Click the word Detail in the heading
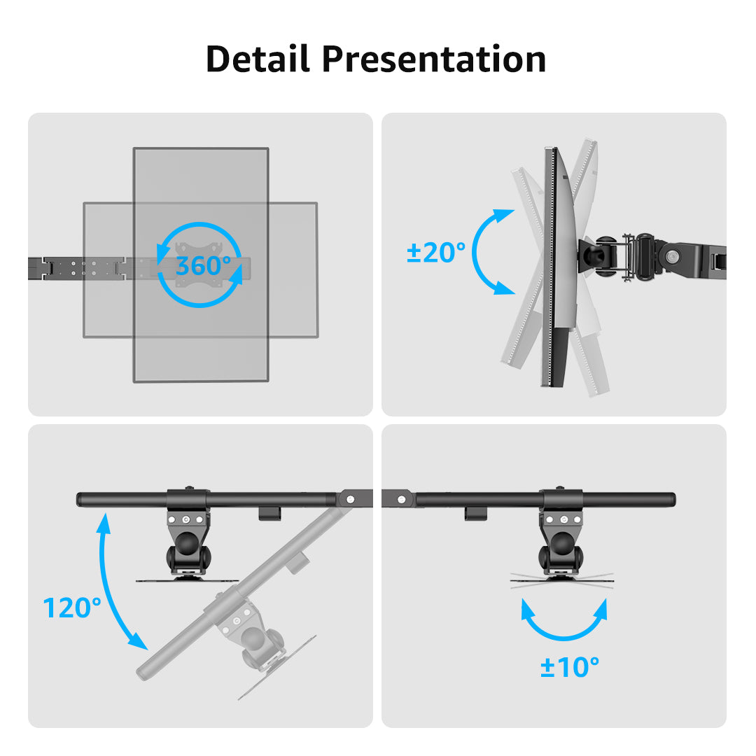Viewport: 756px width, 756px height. point(258,59)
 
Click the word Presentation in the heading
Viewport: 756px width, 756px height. point(434,59)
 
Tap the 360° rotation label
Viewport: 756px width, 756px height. point(203,266)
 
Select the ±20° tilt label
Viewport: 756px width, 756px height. point(436,252)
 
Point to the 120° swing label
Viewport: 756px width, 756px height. point(72,608)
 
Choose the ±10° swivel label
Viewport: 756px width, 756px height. point(569,667)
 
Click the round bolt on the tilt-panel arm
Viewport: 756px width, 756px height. point(671,256)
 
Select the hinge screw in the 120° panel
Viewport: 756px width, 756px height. point(351,499)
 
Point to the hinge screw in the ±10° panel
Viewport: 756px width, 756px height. point(401,500)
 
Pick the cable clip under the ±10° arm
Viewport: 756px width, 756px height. point(475,513)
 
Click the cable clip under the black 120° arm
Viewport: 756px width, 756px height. point(270,513)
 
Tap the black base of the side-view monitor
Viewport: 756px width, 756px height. point(560,357)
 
